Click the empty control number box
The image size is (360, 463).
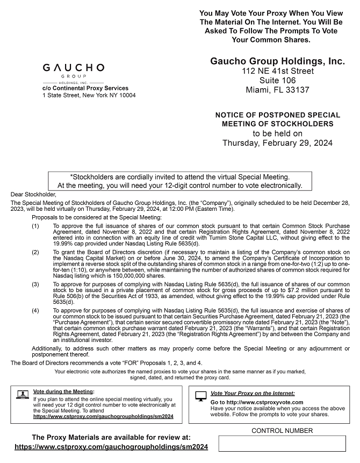click(282, 444)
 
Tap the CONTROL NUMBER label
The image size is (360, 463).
click(282, 431)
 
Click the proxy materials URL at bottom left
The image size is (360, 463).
click(111, 447)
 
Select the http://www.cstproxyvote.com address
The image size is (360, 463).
click(257, 402)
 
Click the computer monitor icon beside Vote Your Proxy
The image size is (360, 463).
click(201, 396)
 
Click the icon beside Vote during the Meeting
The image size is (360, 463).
click(23, 395)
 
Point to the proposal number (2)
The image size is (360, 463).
click(35, 252)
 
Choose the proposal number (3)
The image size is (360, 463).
click(35, 283)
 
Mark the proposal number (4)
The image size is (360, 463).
click(35, 310)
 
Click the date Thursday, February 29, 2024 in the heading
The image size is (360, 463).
click(278, 143)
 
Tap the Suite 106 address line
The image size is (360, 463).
click(278, 80)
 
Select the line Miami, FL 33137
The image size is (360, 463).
click(278, 90)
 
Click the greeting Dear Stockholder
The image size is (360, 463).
click(33, 194)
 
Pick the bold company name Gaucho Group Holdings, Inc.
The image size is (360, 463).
click(278, 61)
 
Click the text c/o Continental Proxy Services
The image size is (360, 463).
click(85, 88)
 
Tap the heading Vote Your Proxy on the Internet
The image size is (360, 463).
click(253, 394)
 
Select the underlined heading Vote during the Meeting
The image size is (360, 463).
click(63, 391)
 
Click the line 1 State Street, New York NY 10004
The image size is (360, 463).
click(89, 95)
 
